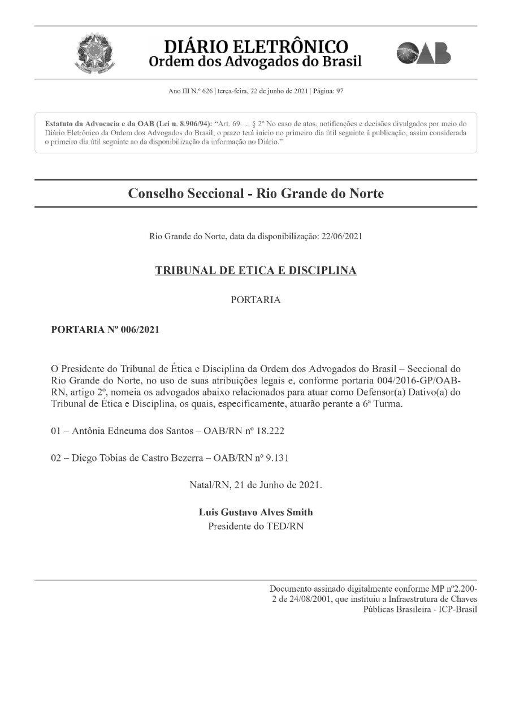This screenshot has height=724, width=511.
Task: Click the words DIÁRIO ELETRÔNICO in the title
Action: point(255,46)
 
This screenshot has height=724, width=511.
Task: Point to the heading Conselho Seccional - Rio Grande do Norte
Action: point(255,193)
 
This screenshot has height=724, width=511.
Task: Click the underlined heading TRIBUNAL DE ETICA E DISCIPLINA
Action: point(255,270)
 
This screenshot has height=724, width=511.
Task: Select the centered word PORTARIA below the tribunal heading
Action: point(255,300)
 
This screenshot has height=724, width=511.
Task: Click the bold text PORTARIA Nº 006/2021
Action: point(105,330)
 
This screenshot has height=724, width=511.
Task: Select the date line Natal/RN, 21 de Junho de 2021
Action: point(255,485)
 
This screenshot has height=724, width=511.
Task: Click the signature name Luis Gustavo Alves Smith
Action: point(255,512)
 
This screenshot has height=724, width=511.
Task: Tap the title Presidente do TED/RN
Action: point(255,527)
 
